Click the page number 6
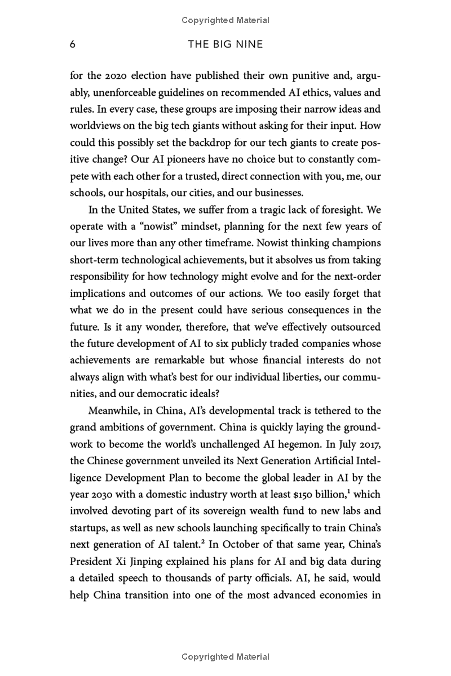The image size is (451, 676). [x=73, y=45]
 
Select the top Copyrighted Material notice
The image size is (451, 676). [x=225, y=20]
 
